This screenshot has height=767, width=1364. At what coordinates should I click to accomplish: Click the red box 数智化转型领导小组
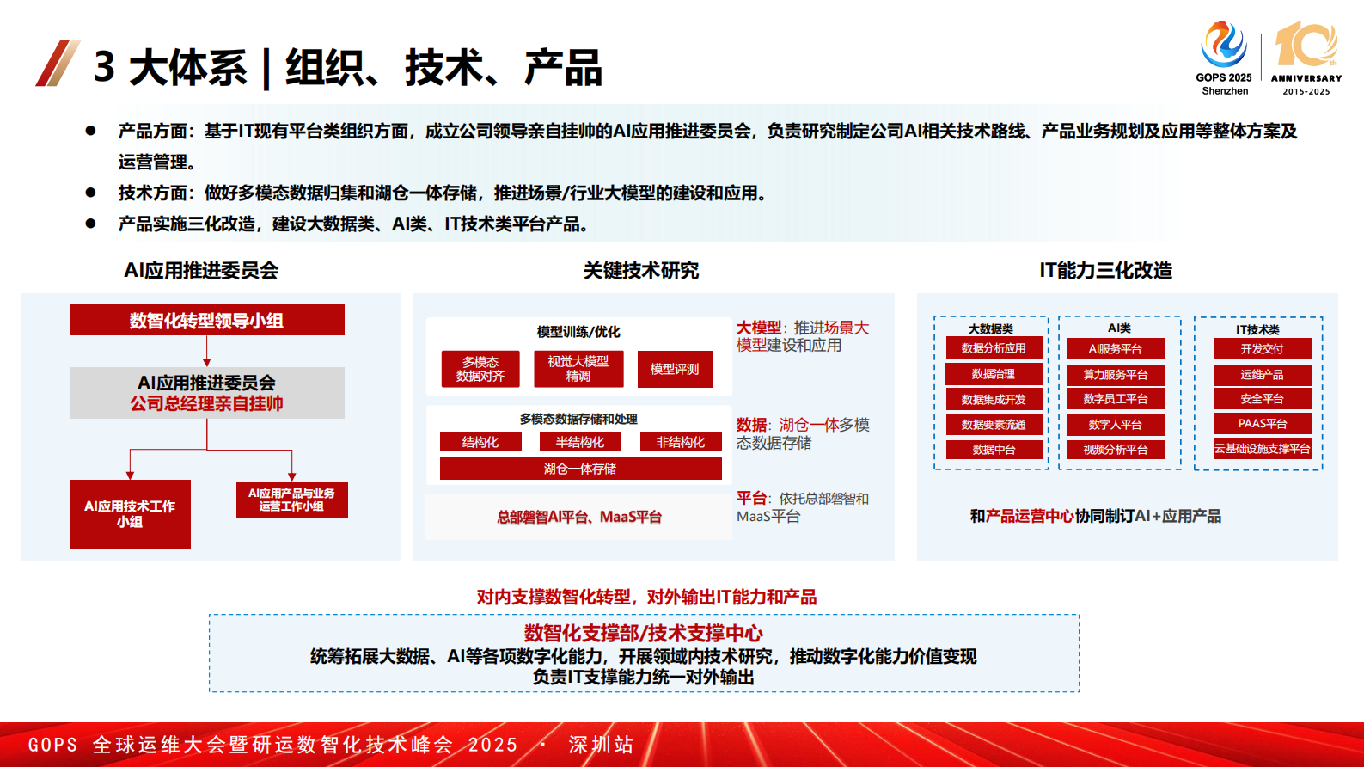tap(206, 320)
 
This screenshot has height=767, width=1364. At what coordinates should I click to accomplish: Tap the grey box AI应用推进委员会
tap(206, 393)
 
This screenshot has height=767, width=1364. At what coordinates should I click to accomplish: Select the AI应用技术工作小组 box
tap(130, 513)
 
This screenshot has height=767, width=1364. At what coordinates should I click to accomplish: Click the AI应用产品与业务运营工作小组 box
tap(291, 500)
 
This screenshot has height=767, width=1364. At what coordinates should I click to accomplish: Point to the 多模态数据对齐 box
tap(480, 369)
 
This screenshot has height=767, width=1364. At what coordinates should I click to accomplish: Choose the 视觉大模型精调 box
tap(578, 369)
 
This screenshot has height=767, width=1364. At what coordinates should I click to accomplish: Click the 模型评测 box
tap(675, 369)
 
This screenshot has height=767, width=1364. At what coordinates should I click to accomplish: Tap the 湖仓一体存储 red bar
tap(580, 469)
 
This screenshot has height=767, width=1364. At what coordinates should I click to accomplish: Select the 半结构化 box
tap(580, 442)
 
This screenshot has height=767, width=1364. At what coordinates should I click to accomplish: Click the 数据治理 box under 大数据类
tap(994, 374)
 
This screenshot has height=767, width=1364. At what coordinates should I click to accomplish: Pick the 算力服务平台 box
tap(1116, 374)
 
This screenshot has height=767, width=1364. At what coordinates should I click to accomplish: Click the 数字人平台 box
tap(1116, 425)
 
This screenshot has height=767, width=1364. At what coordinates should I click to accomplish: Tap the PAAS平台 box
tap(1263, 423)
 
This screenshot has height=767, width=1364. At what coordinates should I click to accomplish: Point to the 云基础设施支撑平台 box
tap(1263, 449)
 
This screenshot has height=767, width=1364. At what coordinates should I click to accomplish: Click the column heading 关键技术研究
tap(641, 271)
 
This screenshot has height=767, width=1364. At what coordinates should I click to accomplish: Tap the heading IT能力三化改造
tap(1105, 271)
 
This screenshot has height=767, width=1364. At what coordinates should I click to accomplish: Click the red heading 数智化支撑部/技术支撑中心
tap(643, 633)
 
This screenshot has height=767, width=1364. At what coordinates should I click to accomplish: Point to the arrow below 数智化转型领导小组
tap(206, 352)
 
